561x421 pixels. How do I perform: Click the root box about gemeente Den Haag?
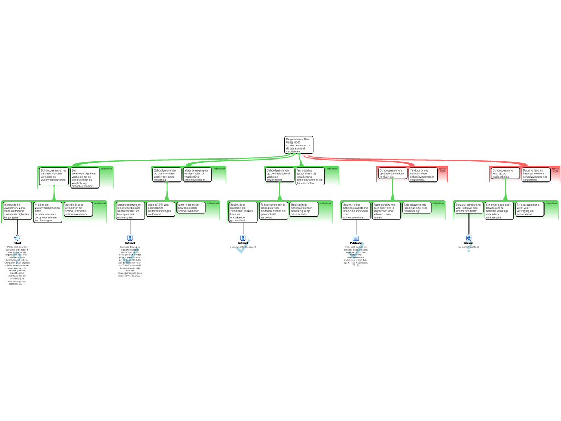click(299, 145)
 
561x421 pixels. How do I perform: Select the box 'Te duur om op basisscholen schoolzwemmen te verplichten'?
click(423, 174)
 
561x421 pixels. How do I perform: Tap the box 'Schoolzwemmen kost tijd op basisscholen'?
click(505, 174)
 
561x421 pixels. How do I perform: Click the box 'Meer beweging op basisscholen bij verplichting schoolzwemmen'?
click(196, 174)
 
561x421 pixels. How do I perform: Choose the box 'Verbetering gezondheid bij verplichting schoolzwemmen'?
click(310, 177)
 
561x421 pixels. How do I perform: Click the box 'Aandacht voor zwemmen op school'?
click(78, 209)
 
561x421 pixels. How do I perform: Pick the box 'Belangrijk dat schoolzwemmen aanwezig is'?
click(303, 209)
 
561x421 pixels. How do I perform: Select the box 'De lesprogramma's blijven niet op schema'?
click(499, 210)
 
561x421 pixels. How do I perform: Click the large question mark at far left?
click(17, 260)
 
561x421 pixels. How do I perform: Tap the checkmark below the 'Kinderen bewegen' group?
click(130, 256)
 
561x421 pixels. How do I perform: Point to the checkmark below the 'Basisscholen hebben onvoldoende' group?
click(356, 251)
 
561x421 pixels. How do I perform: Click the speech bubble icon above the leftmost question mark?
click(17, 238)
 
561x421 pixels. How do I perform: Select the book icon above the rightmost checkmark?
click(356, 238)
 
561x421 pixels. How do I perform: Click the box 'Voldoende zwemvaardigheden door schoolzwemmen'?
click(48, 212)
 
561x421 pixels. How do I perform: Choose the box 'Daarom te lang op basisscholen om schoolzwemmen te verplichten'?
click(535, 174)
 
